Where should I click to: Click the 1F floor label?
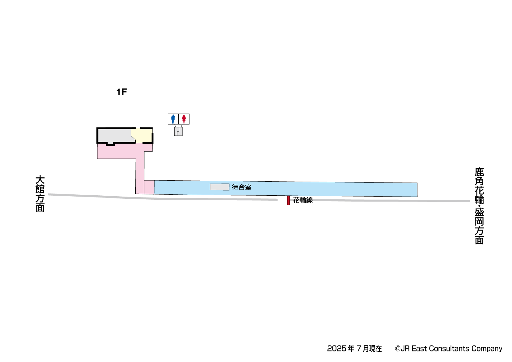[x=122, y=92]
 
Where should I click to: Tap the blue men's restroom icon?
[x=173, y=119]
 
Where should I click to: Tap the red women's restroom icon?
[x=184, y=119]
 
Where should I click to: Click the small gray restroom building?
[x=178, y=131]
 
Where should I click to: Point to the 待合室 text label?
[x=242, y=188]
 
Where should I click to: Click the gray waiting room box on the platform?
[x=220, y=187]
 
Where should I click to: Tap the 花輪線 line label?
[x=303, y=200]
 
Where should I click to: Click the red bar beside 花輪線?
[x=288, y=200]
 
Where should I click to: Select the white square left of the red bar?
[x=283, y=200]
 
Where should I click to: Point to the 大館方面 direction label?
[x=40, y=193]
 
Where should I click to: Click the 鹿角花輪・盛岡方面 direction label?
[x=479, y=206]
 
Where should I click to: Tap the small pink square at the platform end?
[x=149, y=187]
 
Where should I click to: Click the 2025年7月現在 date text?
[x=354, y=349]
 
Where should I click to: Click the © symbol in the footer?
[x=398, y=349]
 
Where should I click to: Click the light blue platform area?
[x=327, y=189]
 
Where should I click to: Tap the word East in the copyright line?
[x=419, y=349]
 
